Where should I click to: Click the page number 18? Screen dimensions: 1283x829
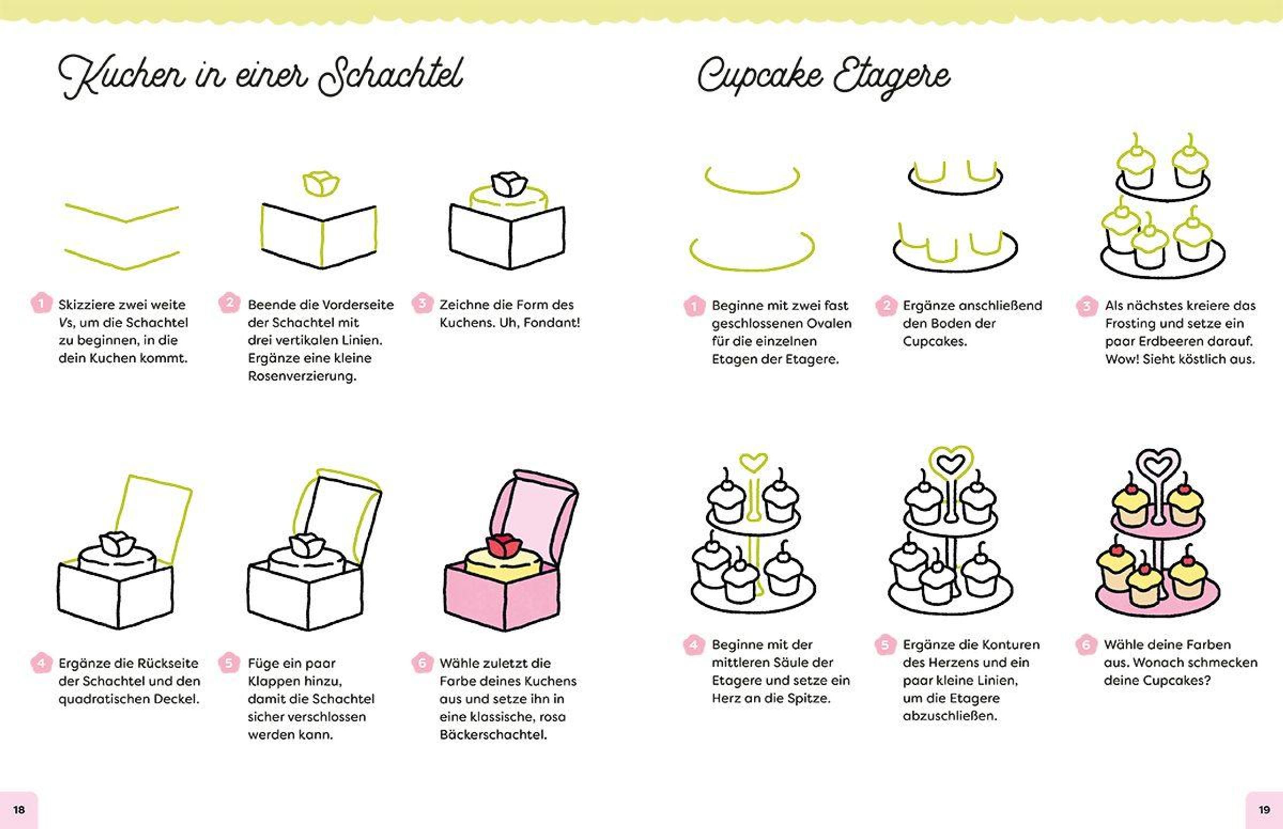pos(19,810)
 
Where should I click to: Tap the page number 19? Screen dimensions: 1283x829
pos(1264,810)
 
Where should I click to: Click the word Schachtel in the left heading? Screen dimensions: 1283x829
pos(390,77)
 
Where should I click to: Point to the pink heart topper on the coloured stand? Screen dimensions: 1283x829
pos(1158,466)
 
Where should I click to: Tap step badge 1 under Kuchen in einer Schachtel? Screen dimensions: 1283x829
pos(41,303)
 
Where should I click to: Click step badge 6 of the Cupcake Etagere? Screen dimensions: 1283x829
pos(1086,644)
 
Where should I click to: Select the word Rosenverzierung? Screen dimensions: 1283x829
pos(302,376)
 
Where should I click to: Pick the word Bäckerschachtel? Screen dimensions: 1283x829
pos(493,734)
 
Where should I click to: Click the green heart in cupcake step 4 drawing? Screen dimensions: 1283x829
pos(753,462)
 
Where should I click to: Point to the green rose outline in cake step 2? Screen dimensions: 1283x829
pos(321,184)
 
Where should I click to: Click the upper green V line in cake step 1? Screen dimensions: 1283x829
pos(122,214)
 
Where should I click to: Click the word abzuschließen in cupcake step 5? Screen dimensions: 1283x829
pos(949,716)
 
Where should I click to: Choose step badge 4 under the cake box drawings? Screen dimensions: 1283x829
pos(41,662)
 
